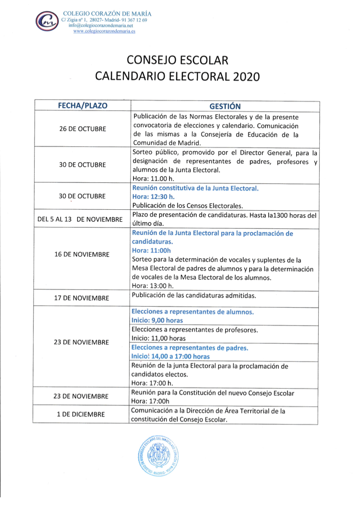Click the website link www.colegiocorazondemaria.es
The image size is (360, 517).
(x=104, y=31)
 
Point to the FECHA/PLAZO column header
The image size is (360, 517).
(x=83, y=106)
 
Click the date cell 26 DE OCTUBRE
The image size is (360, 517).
(x=83, y=130)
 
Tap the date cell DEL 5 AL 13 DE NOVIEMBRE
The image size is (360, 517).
(x=80, y=220)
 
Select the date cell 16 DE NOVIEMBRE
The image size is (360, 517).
(x=83, y=254)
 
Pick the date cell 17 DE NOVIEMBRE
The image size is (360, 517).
(x=83, y=298)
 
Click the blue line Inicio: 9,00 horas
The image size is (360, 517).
(x=157, y=320)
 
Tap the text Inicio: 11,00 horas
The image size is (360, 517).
(x=158, y=338)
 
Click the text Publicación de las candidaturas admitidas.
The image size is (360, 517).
(x=194, y=295)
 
